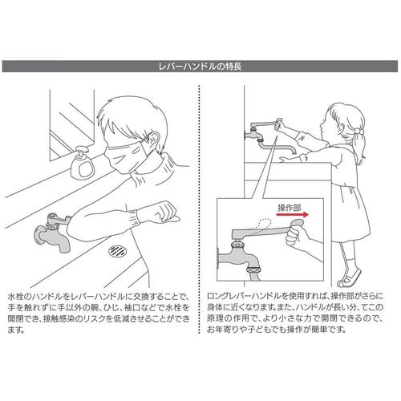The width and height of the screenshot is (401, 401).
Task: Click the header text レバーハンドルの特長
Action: tap(200, 67)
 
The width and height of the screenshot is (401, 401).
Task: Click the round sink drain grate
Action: tap(117, 250)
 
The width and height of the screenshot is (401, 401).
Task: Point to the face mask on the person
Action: tap(126, 158)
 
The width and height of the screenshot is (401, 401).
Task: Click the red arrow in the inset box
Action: tap(292, 214)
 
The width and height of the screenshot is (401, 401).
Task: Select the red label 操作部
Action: tap(290, 208)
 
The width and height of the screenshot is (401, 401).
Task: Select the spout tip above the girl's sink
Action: tap(294, 152)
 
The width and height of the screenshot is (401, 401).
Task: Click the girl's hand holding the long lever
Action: tap(280, 124)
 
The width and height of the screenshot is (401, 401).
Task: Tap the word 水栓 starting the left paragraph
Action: tap(15, 297)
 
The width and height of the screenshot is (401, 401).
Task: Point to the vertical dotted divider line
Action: tap(199, 209)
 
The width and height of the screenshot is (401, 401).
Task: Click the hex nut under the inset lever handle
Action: tap(237, 244)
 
